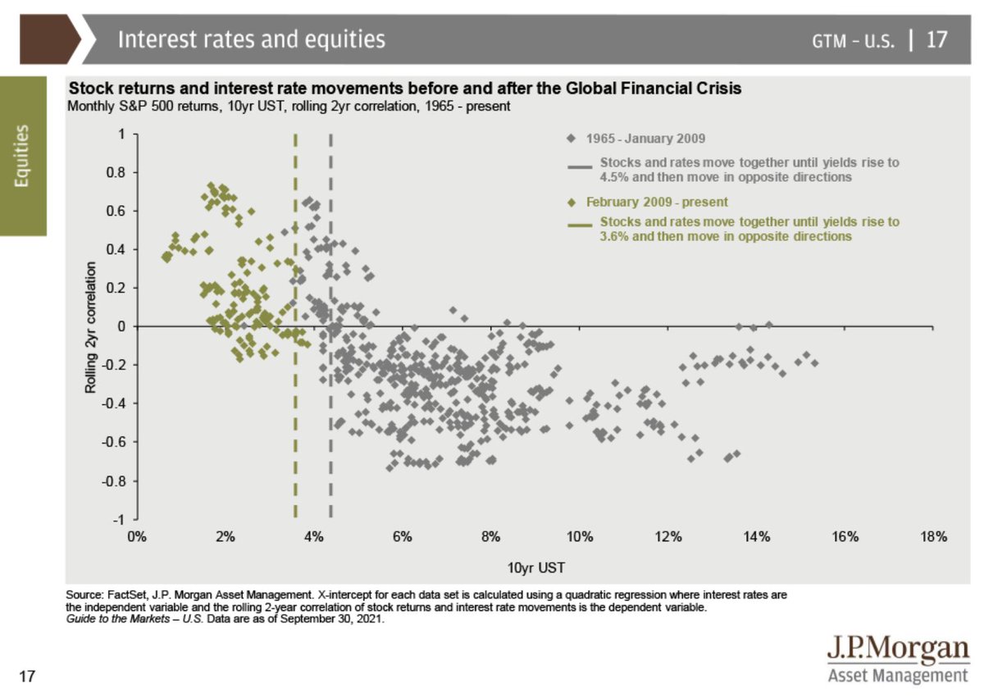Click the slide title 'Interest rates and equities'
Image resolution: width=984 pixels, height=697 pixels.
click(251, 39)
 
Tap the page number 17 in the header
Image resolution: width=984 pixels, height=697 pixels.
click(936, 39)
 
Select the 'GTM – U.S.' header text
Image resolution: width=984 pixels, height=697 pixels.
click(854, 40)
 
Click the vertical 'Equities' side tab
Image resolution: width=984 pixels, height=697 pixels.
click(23, 156)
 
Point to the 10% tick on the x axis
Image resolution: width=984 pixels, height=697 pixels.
click(580, 536)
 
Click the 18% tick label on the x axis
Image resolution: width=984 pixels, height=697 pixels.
click(933, 536)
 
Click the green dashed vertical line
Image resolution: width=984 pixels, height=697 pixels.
click(295, 410)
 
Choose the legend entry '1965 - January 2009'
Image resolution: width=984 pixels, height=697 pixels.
click(646, 139)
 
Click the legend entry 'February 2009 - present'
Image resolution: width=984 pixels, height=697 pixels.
click(658, 202)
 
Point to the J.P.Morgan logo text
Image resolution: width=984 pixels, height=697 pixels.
click(898, 649)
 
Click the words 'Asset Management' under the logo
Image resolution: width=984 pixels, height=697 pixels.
click(898, 676)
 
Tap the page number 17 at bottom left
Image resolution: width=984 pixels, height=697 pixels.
click(27, 676)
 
